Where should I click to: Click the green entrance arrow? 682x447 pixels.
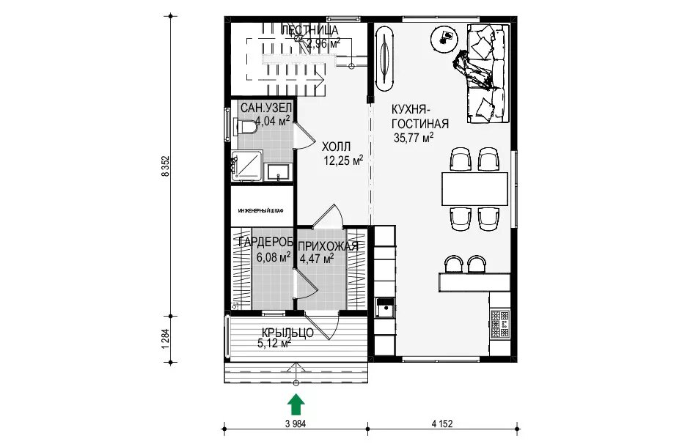pos(296,404)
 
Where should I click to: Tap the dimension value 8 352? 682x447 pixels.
pos(164,166)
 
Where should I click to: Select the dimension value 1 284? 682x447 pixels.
pos(164,339)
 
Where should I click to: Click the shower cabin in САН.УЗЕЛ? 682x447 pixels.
pos(246,165)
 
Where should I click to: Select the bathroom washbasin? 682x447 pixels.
pos(278,171)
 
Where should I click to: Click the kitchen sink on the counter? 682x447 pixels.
pos(385,309)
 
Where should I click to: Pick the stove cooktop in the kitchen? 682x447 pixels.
pos(500,323)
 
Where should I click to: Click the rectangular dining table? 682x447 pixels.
pos(474,189)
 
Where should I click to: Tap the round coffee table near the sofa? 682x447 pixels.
pos(444,39)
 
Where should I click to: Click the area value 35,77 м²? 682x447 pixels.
pos(413,138)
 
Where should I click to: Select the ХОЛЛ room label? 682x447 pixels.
pos(336,147)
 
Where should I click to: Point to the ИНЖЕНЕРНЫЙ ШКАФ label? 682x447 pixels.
pos(261,211)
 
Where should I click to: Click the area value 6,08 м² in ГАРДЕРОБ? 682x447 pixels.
pos(273,257)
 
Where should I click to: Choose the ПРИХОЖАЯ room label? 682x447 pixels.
pos(329,246)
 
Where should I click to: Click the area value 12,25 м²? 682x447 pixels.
pos(343,161)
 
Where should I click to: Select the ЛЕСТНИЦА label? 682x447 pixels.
pos(309,31)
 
